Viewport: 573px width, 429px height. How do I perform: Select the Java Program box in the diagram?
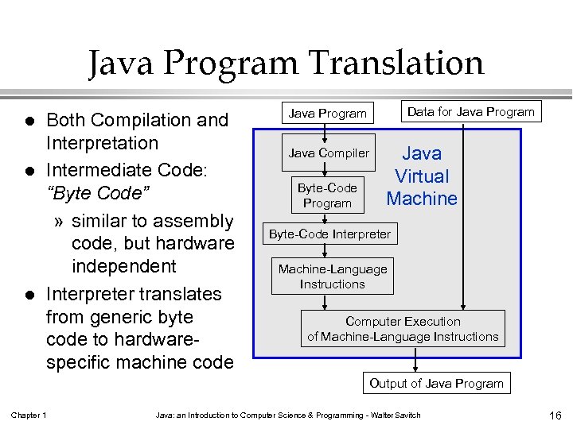(x=328, y=113)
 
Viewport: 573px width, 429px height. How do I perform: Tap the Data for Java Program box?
(x=470, y=111)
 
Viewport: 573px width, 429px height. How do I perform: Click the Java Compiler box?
(x=329, y=153)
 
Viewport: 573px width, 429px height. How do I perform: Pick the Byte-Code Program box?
(x=327, y=195)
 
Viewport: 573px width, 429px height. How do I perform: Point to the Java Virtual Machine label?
(x=422, y=176)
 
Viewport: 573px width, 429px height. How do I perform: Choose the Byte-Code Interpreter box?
(x=329, y=234)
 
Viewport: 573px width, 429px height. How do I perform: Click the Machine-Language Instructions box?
(x=333, y=276)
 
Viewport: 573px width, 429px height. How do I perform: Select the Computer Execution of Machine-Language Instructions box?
(x=403, y=329)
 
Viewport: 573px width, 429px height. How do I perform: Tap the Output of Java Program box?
(x=436, y=383)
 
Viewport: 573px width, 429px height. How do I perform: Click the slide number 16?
(x=555, y=415)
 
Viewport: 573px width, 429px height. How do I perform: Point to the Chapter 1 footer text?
(x=29, y=415)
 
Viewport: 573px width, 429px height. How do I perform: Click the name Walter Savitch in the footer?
(x=396, y=415)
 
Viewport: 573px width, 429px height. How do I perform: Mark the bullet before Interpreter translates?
(x=29, y=295)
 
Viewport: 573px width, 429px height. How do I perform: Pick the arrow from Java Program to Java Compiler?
(x=326, y=132)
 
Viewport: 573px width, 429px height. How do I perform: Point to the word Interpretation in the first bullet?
(x=103, y=144)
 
